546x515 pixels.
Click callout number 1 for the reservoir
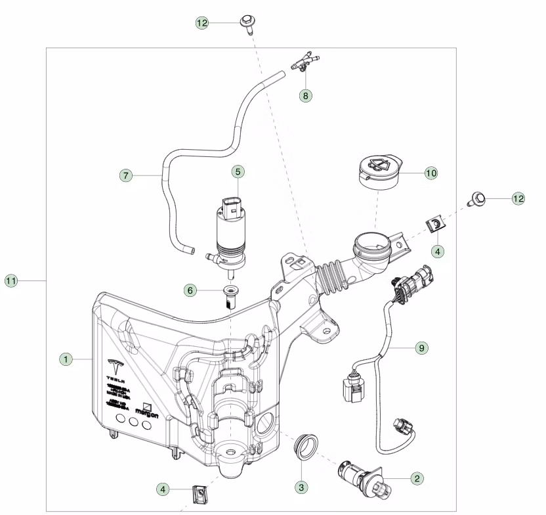[x=66, y=359]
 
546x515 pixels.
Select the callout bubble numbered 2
[x=416, y=479]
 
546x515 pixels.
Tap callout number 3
[x=301, y=487]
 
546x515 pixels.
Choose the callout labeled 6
[x=190, y=290]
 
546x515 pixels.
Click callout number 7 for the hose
[x=127, y=175]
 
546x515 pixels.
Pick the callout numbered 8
[x=305, y=95]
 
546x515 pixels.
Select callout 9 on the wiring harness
[x=421, y=347]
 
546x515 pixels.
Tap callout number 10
[x=430, y=173]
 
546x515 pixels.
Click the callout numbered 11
[x=11, y=281]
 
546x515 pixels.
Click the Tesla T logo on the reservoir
[x=115, y=366]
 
